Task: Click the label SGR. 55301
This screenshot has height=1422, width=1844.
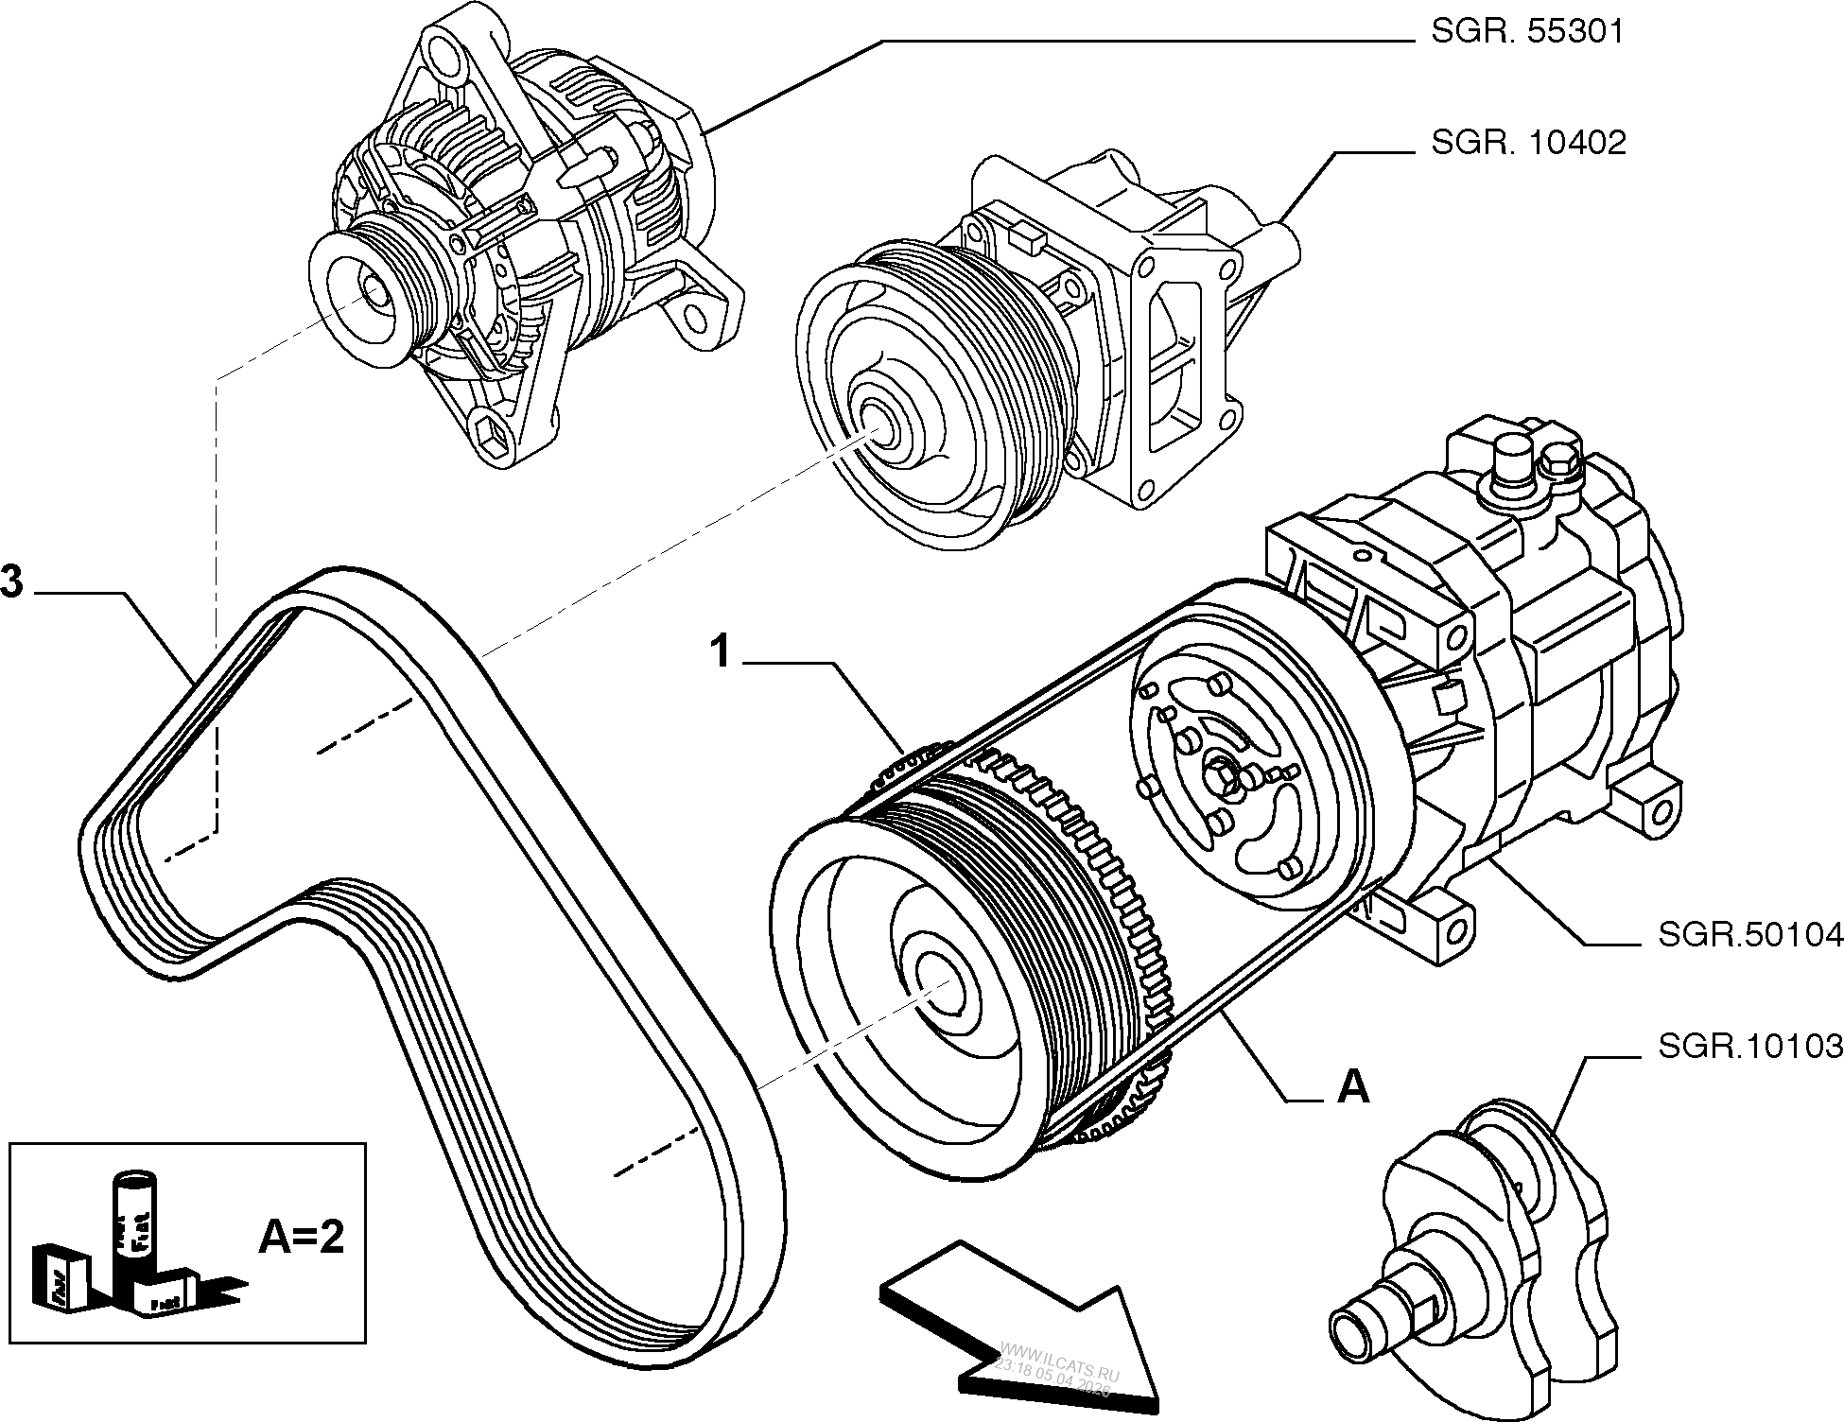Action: (x=1526, y=33)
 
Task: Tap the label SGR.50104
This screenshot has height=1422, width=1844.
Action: (x=1749, y=935)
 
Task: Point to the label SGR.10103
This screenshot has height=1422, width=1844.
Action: (x=1749, y=1047)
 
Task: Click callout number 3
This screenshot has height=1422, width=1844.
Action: (x=12, y=582)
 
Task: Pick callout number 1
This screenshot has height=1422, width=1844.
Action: (x=721, y=651)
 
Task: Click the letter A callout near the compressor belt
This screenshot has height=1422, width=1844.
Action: (x=1353, y=1088)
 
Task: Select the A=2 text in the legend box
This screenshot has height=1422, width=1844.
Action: (x=302, y=1237)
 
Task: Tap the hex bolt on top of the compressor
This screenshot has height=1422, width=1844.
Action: (x=1556, y=465)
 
